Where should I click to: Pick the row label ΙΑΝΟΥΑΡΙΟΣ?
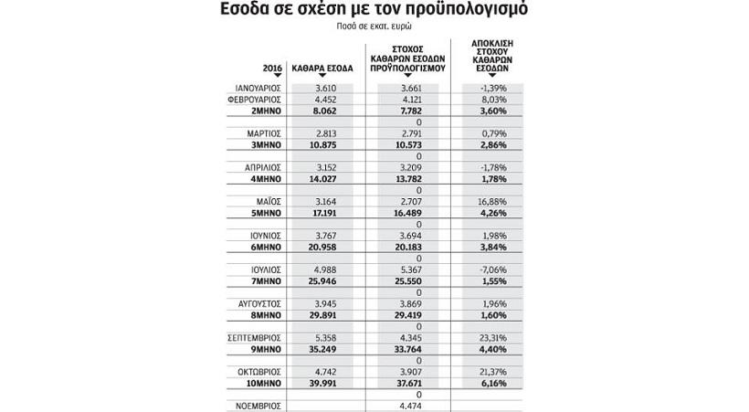coord(256,89)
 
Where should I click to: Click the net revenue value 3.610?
coord(327,89)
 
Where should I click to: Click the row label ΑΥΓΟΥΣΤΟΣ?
coord(257,304)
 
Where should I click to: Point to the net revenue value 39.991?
coord(326,384)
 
